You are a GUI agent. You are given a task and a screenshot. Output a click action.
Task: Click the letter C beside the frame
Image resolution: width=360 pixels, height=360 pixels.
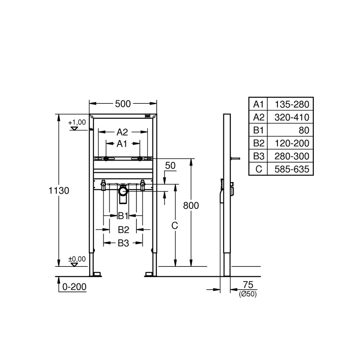click(x=174, y=226)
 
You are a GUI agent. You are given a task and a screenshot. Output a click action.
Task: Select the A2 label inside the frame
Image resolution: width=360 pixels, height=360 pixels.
click(x=122, y=132)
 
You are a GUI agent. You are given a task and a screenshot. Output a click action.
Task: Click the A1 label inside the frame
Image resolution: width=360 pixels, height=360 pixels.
click(x=122, y=144)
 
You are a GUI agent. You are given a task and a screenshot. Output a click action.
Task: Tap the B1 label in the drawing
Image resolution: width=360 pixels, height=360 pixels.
click(x=123, y=216)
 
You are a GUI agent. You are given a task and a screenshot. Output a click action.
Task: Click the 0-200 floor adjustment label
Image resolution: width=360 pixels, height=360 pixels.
click(x=74, y=287)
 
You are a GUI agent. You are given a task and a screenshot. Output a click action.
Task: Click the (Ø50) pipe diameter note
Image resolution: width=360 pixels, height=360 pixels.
click(x=247, y=294)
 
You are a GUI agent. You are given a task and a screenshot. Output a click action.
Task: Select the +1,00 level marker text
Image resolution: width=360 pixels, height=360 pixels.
click(x=77, y=122)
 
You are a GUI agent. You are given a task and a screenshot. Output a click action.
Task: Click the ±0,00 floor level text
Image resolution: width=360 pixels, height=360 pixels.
click(x=77, y=259)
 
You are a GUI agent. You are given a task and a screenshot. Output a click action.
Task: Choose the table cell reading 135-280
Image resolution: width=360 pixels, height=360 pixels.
click(x=292, y=104)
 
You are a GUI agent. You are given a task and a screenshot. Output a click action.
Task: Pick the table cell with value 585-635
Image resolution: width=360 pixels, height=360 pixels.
click(x=292, y=169)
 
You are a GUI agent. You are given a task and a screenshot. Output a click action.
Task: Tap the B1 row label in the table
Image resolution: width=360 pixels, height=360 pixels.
click(x=258, y=130)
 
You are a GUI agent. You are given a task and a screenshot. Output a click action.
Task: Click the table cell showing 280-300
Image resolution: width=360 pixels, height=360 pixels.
click(x=292, y=156)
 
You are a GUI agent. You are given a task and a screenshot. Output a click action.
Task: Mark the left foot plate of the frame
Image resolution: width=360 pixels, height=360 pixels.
click(x=97, y=274)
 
